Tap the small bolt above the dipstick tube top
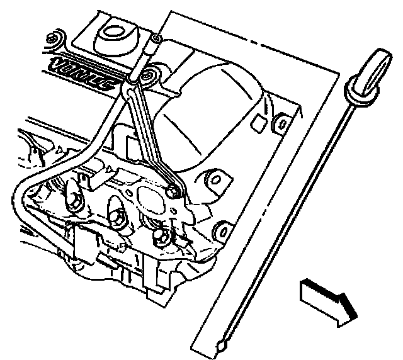pos(156,41)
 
